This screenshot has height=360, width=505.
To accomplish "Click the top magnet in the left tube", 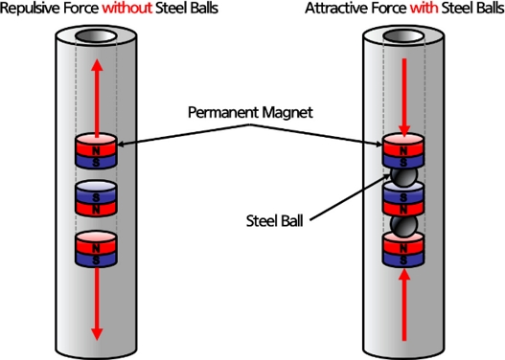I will coord(96,152).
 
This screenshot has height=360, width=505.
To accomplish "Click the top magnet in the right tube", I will coord(403,152).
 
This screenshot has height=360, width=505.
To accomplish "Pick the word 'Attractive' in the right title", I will coord(335,9).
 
